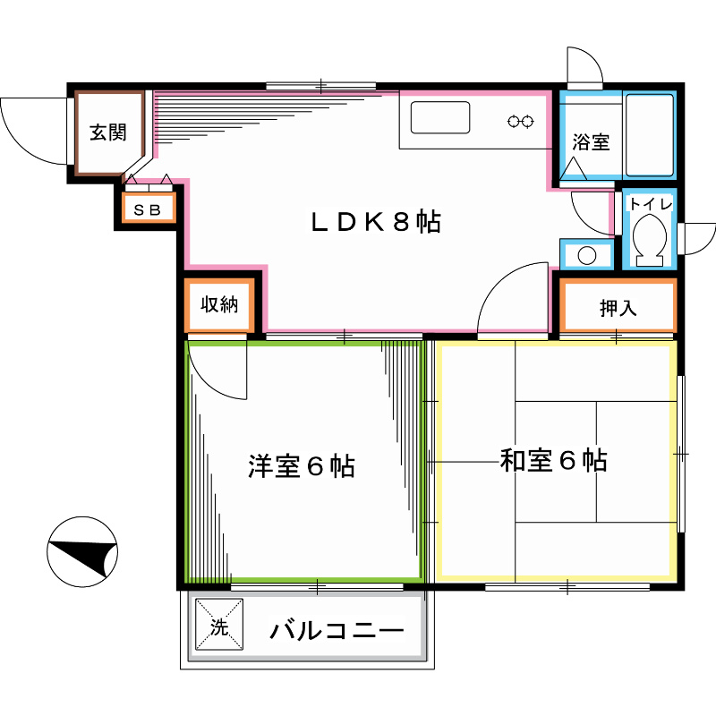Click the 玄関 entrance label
pyautogui.click(x=107, y=133)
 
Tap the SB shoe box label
pyautogui.click(x=148, y=209)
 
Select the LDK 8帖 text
pyautogui.click(x=376, y=222)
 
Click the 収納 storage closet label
pyautogui.click(x=218, y=305)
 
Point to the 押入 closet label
pyautogui.click(x=617, y=309)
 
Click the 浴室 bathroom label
pyautogui.click(x=591, y=141)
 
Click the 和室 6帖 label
pyautogui.click(x=554, y=461)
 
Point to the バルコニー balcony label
pyautogui.click(x=337, y=630)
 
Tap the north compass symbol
pyautogui.click(x=83, y=555)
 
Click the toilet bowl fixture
pyautogui.click(x=650, y=241)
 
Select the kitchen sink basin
pyautogui.click(x=440, y=117)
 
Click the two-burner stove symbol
pyautogui.click(x=521, y=121)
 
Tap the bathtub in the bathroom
pyautogui.click(x=650, y=134)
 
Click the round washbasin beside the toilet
pyautogui.click(x=586, y=255)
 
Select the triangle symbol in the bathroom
pyautogui.click(x=574, y=166)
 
